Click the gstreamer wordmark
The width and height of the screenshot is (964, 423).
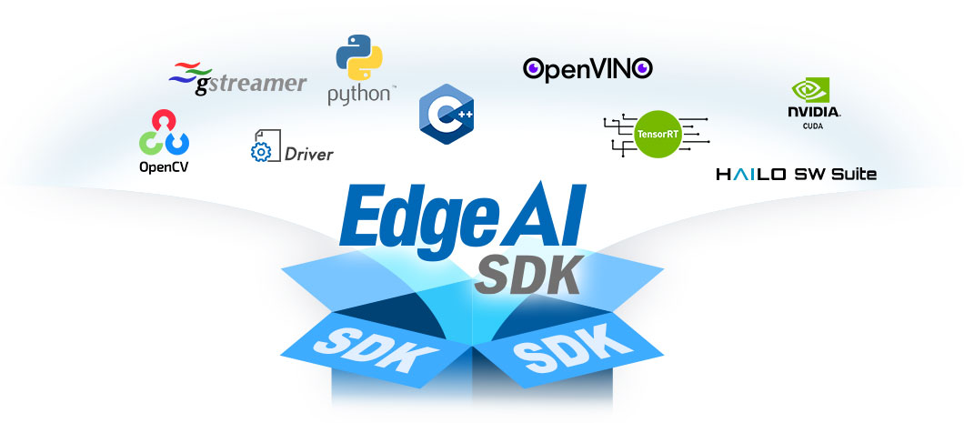pyautogui.click(x=250, y=85)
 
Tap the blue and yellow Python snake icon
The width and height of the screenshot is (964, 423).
pyautogui.click(x=359, y=57)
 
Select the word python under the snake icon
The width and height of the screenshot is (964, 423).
pyautogui.click(x=359, y=96)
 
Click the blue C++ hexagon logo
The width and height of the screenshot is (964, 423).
pyautogui.click(x=447, y=115)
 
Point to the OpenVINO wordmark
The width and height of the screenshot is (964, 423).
pyautogui.click(x=587, y=69)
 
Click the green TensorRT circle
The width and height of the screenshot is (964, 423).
pyautogui.click(x=658, y=134)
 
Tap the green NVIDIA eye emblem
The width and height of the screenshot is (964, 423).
pyautogui.click(x=810, y=90)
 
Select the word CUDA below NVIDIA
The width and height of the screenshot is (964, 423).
pyautogui.click(x=813, y=126)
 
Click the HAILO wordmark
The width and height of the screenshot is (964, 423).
pyautogui.click(x=751, y=175)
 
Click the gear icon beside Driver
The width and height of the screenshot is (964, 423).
pyautogui.click(x=261, y=152)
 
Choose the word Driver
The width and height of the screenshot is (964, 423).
pyautogui.click(x=308, y=154)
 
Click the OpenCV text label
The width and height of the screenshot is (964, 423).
pyautogui.click(x=164, y=166)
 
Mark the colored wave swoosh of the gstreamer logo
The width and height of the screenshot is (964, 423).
pyautogui.click(x=190, y=73)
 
